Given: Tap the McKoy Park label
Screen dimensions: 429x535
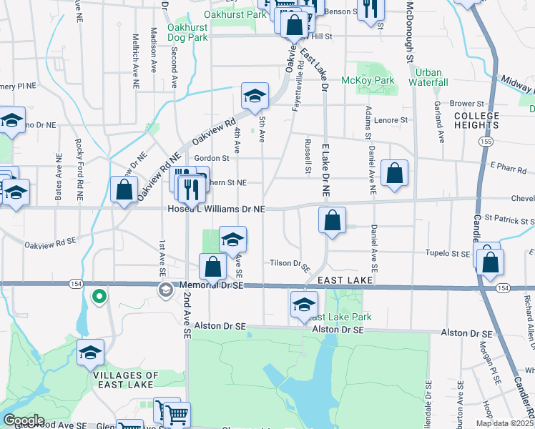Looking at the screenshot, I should tap(368, 81).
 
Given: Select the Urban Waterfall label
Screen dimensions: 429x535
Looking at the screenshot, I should tap(428, 77).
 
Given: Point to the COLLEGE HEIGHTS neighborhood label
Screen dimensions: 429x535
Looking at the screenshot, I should tap(476, 120).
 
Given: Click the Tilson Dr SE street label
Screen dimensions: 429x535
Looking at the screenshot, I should tap(290, 263).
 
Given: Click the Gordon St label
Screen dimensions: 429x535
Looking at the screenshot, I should tap(211, 158).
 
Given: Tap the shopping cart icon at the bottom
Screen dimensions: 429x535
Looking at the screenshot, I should tap(177, 413).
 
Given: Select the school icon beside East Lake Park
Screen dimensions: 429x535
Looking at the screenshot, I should tap(304, 305).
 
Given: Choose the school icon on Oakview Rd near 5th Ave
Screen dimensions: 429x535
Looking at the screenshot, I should tap(254, 96).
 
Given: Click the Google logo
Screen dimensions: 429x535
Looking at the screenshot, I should tap(24, 420).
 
